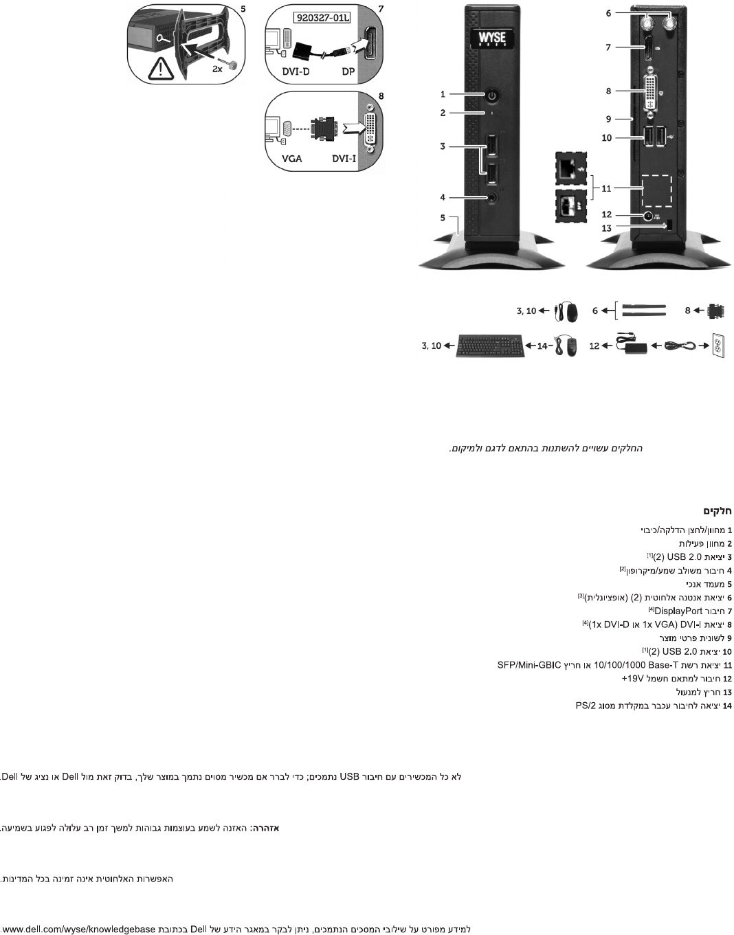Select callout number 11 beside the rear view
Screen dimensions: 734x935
point(606,188)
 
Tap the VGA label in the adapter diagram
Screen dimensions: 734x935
point(292,159)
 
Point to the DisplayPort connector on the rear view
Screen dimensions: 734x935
point(647,48)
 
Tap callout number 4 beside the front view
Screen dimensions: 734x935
point(443,197)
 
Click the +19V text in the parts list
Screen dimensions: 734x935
point(632,678)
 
